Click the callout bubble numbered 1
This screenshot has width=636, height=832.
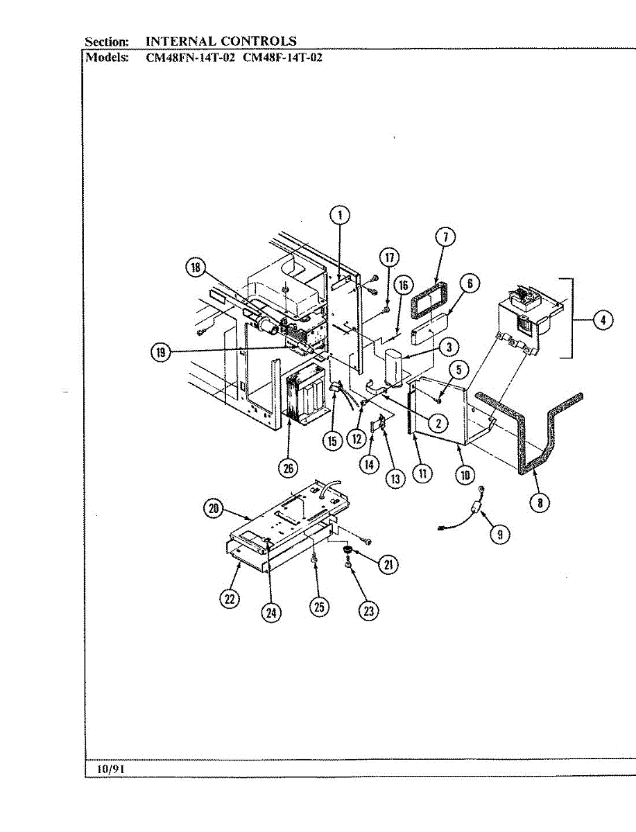click(x=341, y=215)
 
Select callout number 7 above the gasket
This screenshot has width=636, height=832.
click(x=445, y=236)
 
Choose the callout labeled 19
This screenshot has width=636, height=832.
click(x=162, y=353)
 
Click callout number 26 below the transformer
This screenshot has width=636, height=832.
click(x=288, y=468)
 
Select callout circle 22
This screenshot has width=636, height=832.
click(x=230, y=599)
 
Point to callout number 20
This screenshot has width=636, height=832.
click(x=213, y=508)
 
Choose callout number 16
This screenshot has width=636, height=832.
click(x=403, y=284)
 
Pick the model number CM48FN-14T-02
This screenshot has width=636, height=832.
click(x=186, y=58)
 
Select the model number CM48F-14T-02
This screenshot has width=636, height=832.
click(x=282, y=58)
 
